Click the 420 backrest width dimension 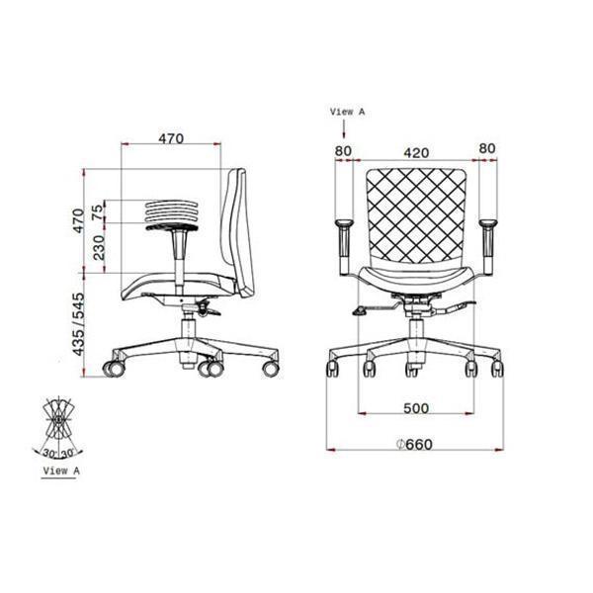416,153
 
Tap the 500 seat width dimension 416,408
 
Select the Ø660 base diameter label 414,444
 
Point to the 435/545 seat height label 78,324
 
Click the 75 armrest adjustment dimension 97,212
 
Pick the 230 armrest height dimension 98,247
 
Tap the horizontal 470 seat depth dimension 171,138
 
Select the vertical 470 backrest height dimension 78,220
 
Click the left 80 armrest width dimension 343,150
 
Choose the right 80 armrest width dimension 486,148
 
